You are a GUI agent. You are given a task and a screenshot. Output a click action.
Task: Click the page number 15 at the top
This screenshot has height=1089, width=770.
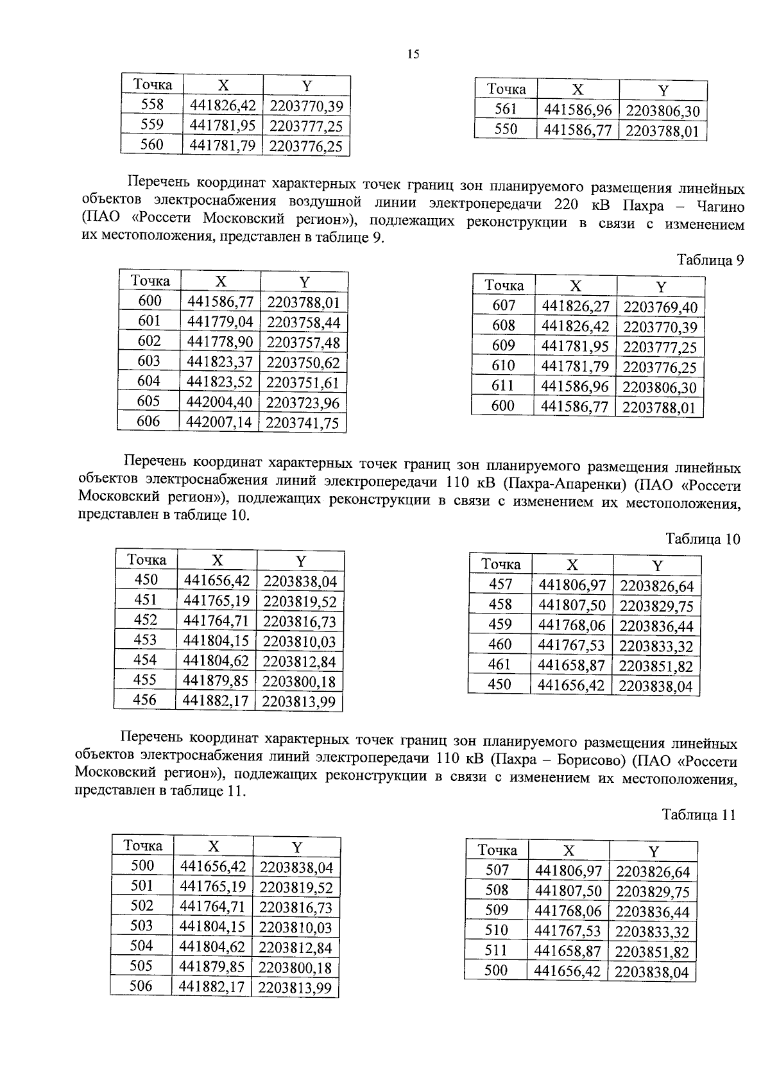tap(413, 55)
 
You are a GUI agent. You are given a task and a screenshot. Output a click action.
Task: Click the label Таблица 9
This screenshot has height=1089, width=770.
tap(710, 261)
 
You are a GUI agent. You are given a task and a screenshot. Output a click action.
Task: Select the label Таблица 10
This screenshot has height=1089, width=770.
tap(703, 539)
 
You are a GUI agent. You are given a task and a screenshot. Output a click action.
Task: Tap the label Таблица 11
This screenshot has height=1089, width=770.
tap(698, 816)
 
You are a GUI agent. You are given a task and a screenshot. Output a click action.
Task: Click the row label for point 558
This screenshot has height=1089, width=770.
tap(152, 105)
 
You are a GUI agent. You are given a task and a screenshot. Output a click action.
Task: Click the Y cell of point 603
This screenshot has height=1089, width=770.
tap(303, 363)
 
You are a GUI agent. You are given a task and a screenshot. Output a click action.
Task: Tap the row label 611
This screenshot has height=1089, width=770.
tap(503, 386)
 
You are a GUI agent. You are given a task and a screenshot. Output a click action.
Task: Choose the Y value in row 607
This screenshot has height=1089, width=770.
tap(660, 307)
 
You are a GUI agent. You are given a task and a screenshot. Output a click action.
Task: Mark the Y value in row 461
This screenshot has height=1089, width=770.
tap(656, 666)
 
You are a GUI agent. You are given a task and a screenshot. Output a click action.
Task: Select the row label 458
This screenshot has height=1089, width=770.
tap(500, 605)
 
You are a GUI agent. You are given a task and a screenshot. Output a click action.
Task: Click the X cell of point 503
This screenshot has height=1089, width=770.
tap(213, 927)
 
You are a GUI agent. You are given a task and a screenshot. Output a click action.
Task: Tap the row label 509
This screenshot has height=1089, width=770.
tap(497, 910)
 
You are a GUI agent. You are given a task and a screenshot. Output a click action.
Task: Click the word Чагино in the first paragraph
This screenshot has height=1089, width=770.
tap(716, 207)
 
